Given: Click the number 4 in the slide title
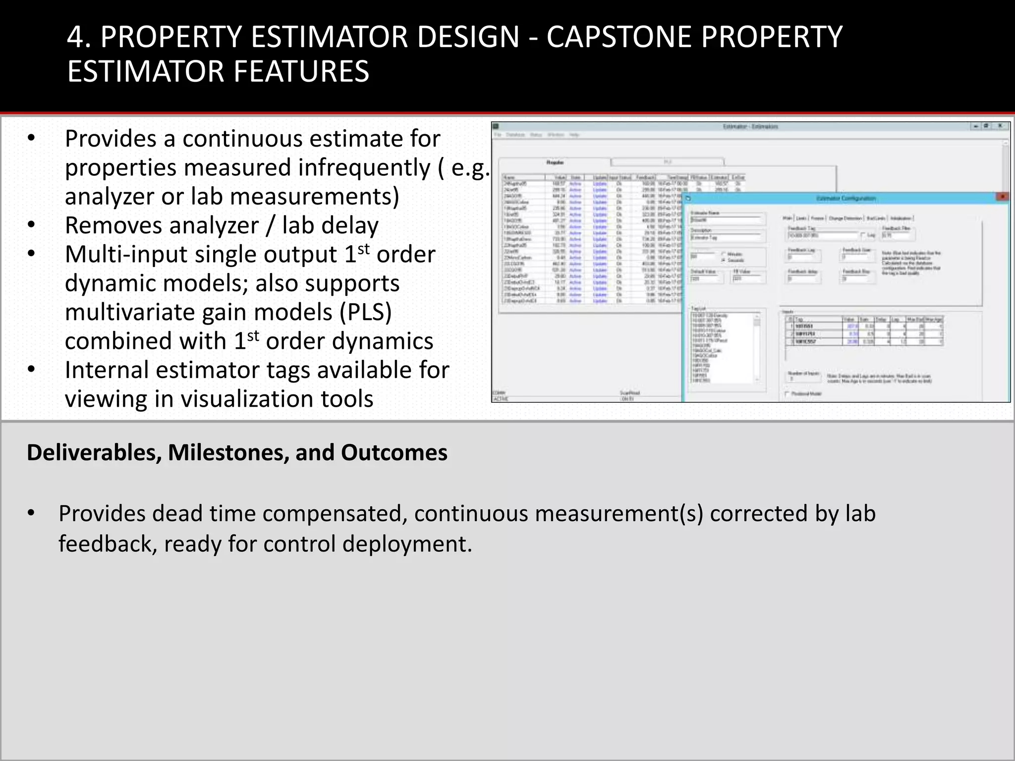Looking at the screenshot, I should pyautogui.click(x=75, y=37).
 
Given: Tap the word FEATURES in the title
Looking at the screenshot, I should pyautogui.click(x=301, y=71).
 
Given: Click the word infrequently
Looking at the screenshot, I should pyautogui.click(x=364, y=167).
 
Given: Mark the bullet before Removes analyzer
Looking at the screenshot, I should pyautogui.click(x=31, y=225).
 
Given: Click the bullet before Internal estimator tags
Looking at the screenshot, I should pyautogui.click(x=31, y=370).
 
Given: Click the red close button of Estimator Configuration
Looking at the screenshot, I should pyautogui.click(x=1002, y=197).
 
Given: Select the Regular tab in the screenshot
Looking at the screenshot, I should pyautogui.click(x=555, y=162).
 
